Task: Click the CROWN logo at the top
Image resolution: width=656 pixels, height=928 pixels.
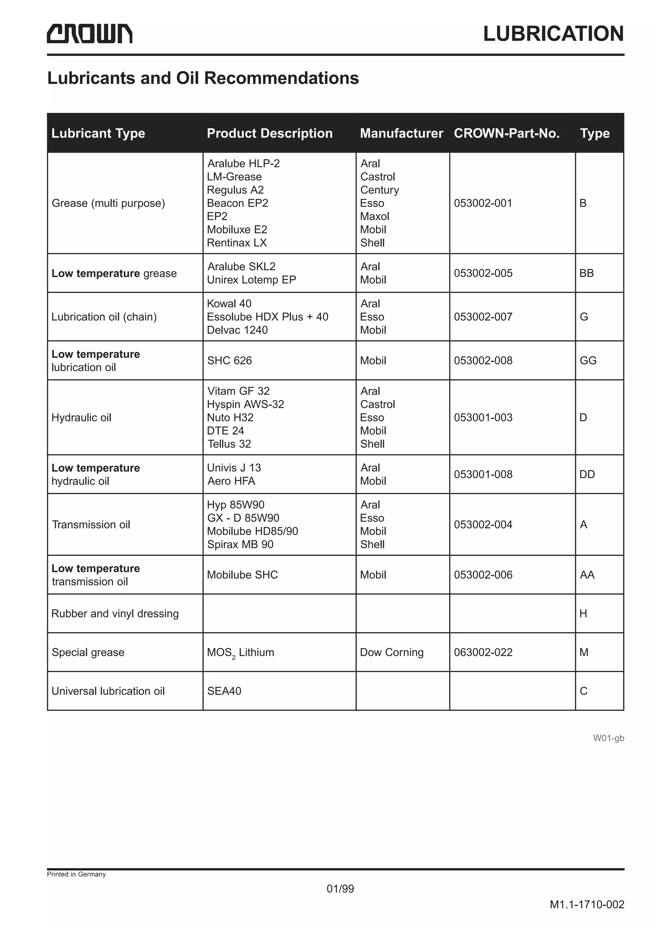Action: click(89, 34)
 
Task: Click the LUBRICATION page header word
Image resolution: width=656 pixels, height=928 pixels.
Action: click(553, 34)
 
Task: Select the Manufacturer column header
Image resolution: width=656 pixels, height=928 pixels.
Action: click(401, 134)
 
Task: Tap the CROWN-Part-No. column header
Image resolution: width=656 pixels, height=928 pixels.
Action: click(506, 134)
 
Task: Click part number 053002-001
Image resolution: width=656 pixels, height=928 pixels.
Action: click(483, 203)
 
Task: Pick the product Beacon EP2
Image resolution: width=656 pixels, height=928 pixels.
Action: click(237, 203)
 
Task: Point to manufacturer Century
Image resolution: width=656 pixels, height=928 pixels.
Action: click(380, 190)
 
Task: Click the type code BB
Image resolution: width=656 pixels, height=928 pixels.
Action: click(586, 273)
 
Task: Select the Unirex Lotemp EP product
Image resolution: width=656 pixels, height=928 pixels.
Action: click(251, 280)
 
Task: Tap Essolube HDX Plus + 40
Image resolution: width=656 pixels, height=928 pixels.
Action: click(267, 317)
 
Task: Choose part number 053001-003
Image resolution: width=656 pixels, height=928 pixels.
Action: click(483, 418)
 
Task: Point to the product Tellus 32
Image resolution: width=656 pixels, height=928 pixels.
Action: click(229, 444)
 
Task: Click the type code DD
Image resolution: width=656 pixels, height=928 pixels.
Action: click(587, 475)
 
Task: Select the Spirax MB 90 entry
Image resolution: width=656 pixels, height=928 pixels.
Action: click(240, 544)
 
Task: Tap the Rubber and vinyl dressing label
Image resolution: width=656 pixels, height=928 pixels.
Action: click(115, 614)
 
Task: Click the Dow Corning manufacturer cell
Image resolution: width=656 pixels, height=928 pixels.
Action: click(392, 652)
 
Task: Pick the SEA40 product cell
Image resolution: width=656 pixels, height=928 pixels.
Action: click(224, 691)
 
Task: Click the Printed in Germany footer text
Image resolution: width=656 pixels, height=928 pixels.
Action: click(76, 874)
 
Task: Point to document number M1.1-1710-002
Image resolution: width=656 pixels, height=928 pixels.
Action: click(586, 905)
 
